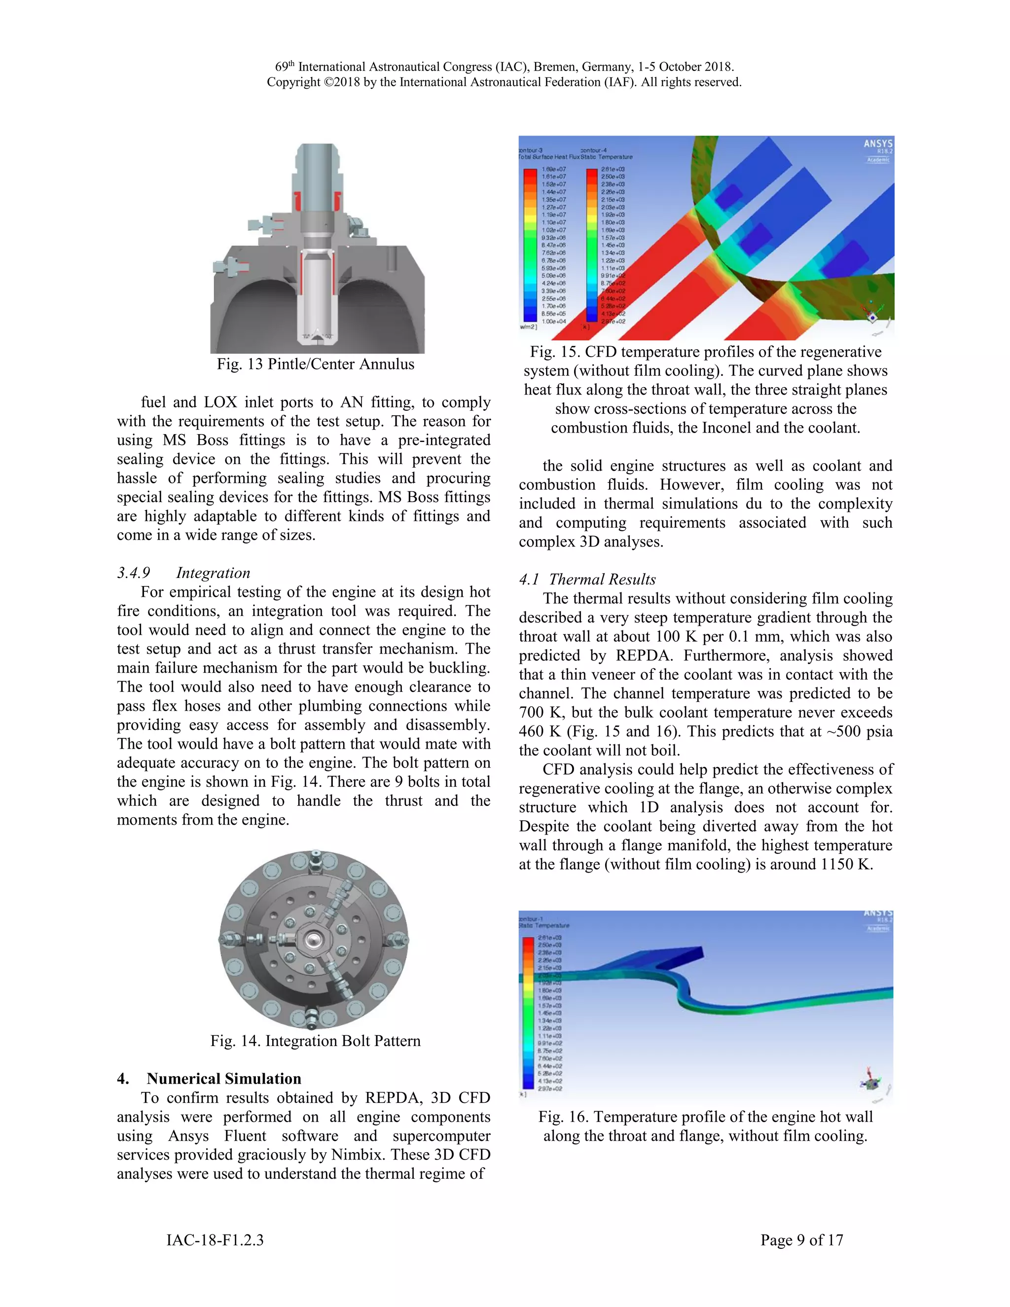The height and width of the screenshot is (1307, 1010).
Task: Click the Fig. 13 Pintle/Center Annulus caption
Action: [315, 364]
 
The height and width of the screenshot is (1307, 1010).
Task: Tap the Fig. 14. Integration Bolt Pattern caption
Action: [315, 1041]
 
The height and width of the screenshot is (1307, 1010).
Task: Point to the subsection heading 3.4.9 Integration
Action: [183, 573]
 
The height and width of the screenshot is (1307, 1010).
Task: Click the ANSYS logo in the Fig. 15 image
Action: [877, 144]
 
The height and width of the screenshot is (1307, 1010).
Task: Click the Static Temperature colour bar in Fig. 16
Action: [528, 1012]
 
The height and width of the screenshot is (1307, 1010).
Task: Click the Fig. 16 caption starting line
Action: [705, 1117]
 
